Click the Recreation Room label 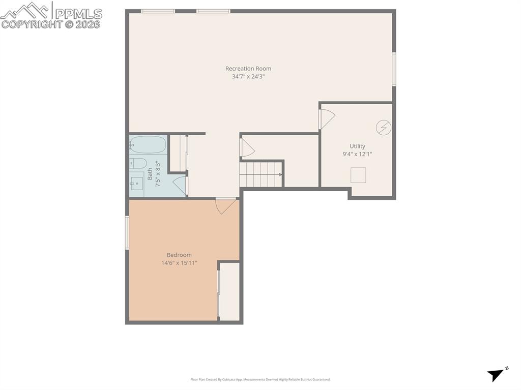pyautogui.click(x=248, y=69)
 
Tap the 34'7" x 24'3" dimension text pyautogui.click(x=248, y=77)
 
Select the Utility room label pyautogui.click(x=357, y=146)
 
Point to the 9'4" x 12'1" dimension pyautogui.click(x=357, y=154)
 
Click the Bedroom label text pyautogui.click(x=179, y=255)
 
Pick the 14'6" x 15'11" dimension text pyautogui.click(x=179, y=263)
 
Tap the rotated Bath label pyautogui.click(x=150, y=174)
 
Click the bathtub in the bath pyautogui.click(x=148, y=145)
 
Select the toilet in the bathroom pyautogui.click(x=138, y=163)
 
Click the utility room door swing pyautogui.click(x=326, y=119)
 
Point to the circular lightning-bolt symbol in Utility pyautogui.click(x=384, y=127)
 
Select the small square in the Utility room pyautogui.click(x=358, y=175)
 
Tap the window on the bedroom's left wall pyautogui.click(x=127, y=232)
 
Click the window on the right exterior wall pyautogui.click(x=394, y=69)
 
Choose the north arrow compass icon pyautogui.click(x=497, y=374)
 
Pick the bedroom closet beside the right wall pyautogui.click(x=229, y=292)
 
